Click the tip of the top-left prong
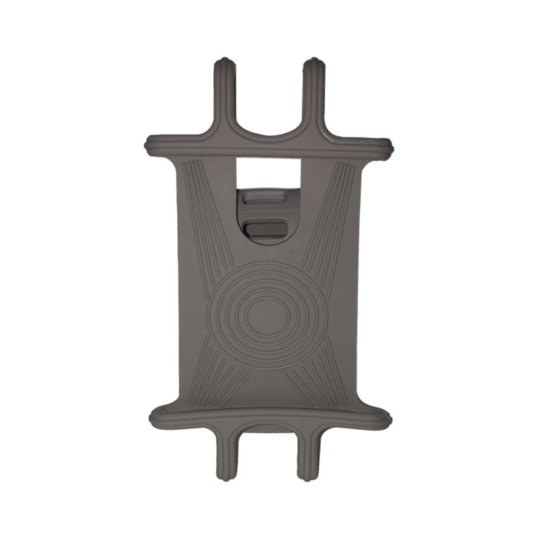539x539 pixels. (224, 65)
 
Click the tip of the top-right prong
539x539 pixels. (314, 65)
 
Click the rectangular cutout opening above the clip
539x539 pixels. (269, 172)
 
